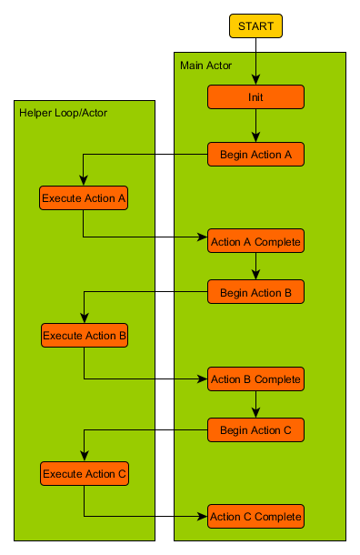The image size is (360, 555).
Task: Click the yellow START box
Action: pos(255,26)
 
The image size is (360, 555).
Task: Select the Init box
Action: pos(255,97)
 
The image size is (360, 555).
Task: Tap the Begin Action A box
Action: pos(255,155)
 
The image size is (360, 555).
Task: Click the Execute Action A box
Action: pos(84,198)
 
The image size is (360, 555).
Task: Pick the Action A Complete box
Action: pos(255,242)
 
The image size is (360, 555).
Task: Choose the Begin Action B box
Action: pos(255,292)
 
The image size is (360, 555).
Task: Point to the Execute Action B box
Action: pos(84,336)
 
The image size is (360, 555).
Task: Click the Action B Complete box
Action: pos(255,378)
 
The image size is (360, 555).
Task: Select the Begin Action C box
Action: pos(255,430)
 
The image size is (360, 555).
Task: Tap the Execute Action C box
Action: pos(84,473)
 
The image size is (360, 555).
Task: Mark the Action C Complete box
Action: pos(255,517)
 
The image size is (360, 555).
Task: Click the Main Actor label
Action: pos(205,66)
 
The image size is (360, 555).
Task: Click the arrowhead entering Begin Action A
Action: pos(255,138)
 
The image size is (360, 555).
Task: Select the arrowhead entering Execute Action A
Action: pos(84,182)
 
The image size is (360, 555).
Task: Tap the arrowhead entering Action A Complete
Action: pos(203,238)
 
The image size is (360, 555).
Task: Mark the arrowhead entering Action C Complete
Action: pos(203,516)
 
